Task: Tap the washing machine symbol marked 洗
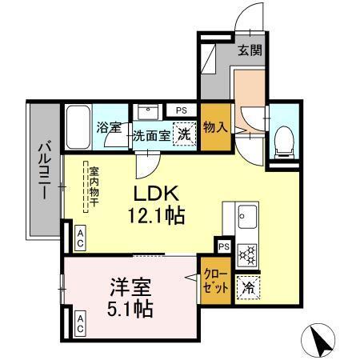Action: pyautogui.click(x=184, y=135)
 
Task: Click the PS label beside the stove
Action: pyautogui.click(x=223, y=246)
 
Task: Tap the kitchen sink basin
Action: pyautogui.click(x=246, y=215)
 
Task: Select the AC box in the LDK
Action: pyautogui.click(x=81, y=235)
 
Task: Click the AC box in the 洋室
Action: pyautogui.click(x=81, y=324)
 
